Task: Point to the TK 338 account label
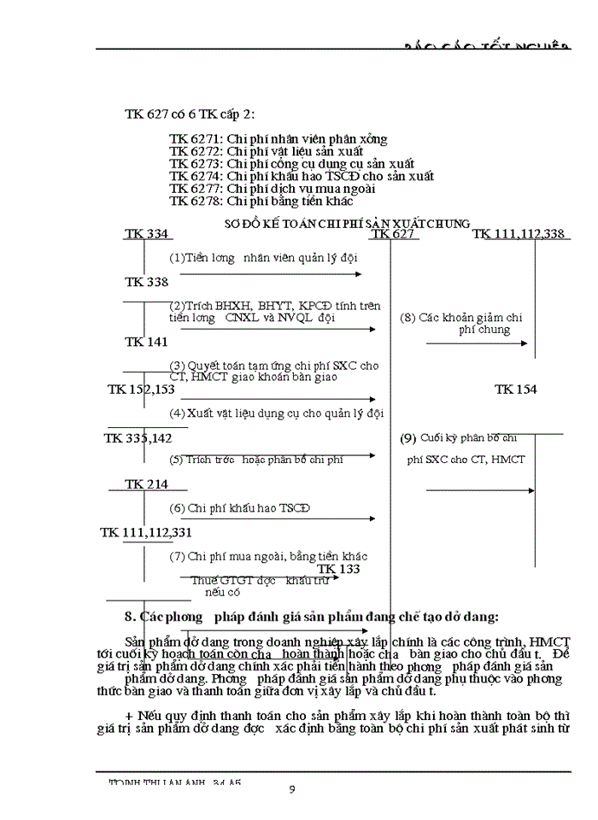146,282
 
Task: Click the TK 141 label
146,342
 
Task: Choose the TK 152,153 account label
141,389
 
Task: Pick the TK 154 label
515,389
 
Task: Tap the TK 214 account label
146,484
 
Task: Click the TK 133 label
338,569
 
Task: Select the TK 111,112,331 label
146,532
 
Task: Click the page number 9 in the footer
292,790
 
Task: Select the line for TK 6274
301,176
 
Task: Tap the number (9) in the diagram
407,438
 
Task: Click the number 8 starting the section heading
129,617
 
